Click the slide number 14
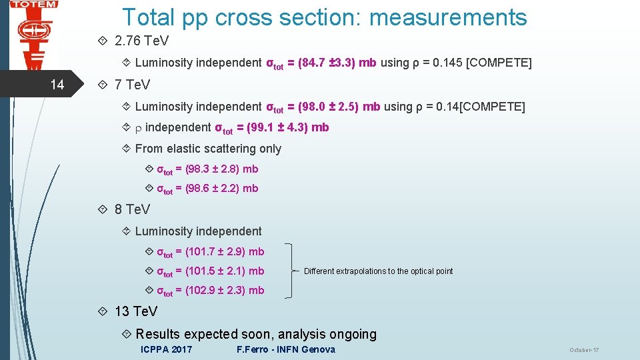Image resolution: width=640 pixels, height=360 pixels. (x=58, y=85)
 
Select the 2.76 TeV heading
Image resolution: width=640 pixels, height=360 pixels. (x=141, y=41)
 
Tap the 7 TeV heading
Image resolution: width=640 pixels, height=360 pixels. (x=132, y=85)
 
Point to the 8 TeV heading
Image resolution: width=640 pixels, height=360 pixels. (x=132, y=209)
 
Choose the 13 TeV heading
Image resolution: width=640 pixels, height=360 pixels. (x=136, y=311)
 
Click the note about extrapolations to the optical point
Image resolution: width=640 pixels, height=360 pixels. (x=378, y=271)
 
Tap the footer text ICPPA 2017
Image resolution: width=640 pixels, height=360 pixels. (x=167, y=349)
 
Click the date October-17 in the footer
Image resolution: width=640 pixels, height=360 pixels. (x=584, y=351)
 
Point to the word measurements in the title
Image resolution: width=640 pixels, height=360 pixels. (x=448, y=17)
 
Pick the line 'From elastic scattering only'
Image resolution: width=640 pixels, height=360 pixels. (x=208, y=149)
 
